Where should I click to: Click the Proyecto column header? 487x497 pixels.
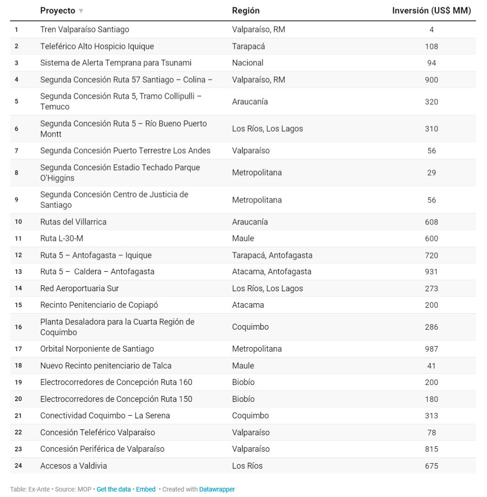point(58,11)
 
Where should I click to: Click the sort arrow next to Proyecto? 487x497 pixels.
point(81,11)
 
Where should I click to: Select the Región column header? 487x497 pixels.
point(245,11)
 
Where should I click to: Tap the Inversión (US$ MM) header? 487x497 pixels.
point(431,11)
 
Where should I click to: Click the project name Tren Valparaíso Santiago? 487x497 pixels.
point(85,29)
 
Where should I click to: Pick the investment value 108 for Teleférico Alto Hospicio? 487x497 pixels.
point(431,46)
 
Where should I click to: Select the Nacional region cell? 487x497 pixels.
point(248,63)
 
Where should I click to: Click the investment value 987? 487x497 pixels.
point(431,349)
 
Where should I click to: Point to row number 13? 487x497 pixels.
point(18,272)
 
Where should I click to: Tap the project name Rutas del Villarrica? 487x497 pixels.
point(73,222)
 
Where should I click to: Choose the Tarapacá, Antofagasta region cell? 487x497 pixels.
point(272,255)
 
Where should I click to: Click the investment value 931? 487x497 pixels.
point(431,272)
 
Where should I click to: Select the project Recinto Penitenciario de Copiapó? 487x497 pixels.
point(99,305)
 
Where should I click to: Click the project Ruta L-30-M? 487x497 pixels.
point(62,238)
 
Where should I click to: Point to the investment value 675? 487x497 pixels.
point(431,466)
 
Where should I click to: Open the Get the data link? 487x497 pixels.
point(114,489)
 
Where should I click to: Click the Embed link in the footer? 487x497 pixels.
point(146,489)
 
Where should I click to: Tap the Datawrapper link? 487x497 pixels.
point(217,489)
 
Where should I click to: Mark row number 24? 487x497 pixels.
point(18,465)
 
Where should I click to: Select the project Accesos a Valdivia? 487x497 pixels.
point(74,466)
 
